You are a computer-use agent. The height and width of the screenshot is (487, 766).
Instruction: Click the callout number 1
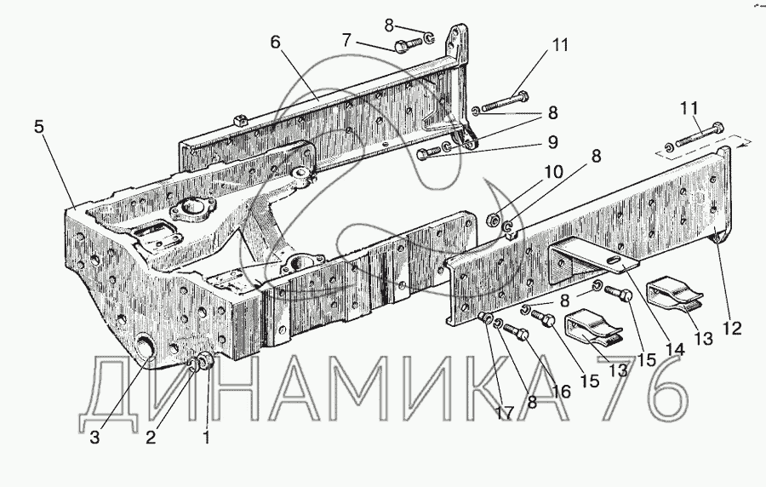[204, 439]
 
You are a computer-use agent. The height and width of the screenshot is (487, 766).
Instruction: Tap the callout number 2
[150, 439]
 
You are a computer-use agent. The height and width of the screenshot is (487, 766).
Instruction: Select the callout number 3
[95, 439]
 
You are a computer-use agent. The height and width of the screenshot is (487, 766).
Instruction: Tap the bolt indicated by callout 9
[432, 153]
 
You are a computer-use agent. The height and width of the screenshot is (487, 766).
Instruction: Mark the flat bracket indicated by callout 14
[587, 259]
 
